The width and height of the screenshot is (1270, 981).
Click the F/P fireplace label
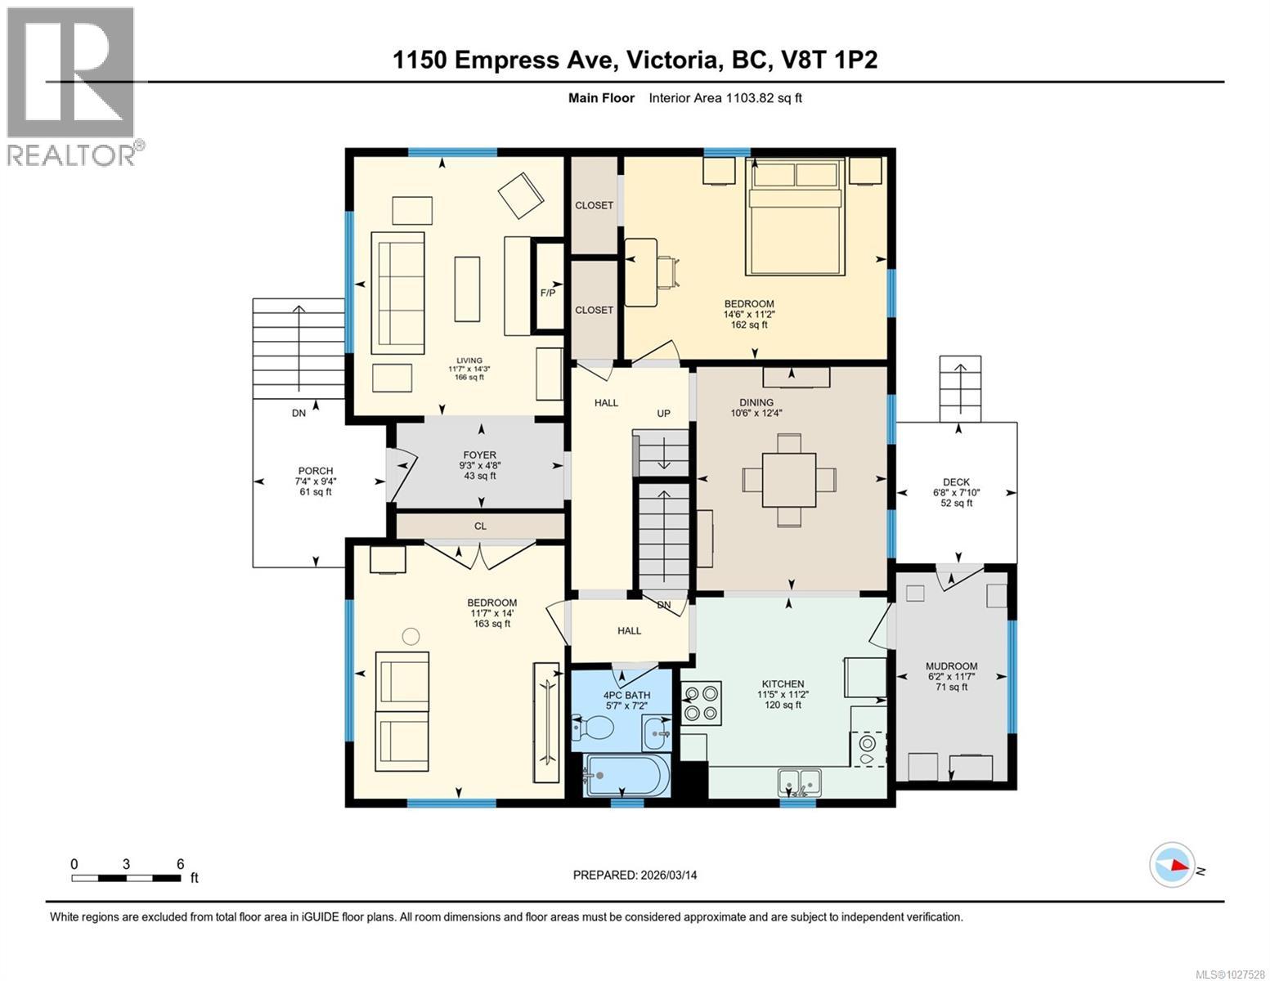[x=548, y=293]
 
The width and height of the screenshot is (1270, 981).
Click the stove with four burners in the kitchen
[x=702, y=704]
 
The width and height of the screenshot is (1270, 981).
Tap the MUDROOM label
[x=951, y=666]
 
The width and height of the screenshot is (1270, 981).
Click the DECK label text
[x=957, y=482]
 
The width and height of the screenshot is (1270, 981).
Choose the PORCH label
[x=315, y=471]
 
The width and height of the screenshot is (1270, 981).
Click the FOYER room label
[x=479, y=455]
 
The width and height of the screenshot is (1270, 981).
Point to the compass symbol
[x=1171, y=865]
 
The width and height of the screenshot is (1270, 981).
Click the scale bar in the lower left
[x=127, y=878]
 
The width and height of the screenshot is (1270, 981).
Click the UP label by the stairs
[x=663, y=414]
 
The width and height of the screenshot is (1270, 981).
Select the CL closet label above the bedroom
[x=480, y=526]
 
